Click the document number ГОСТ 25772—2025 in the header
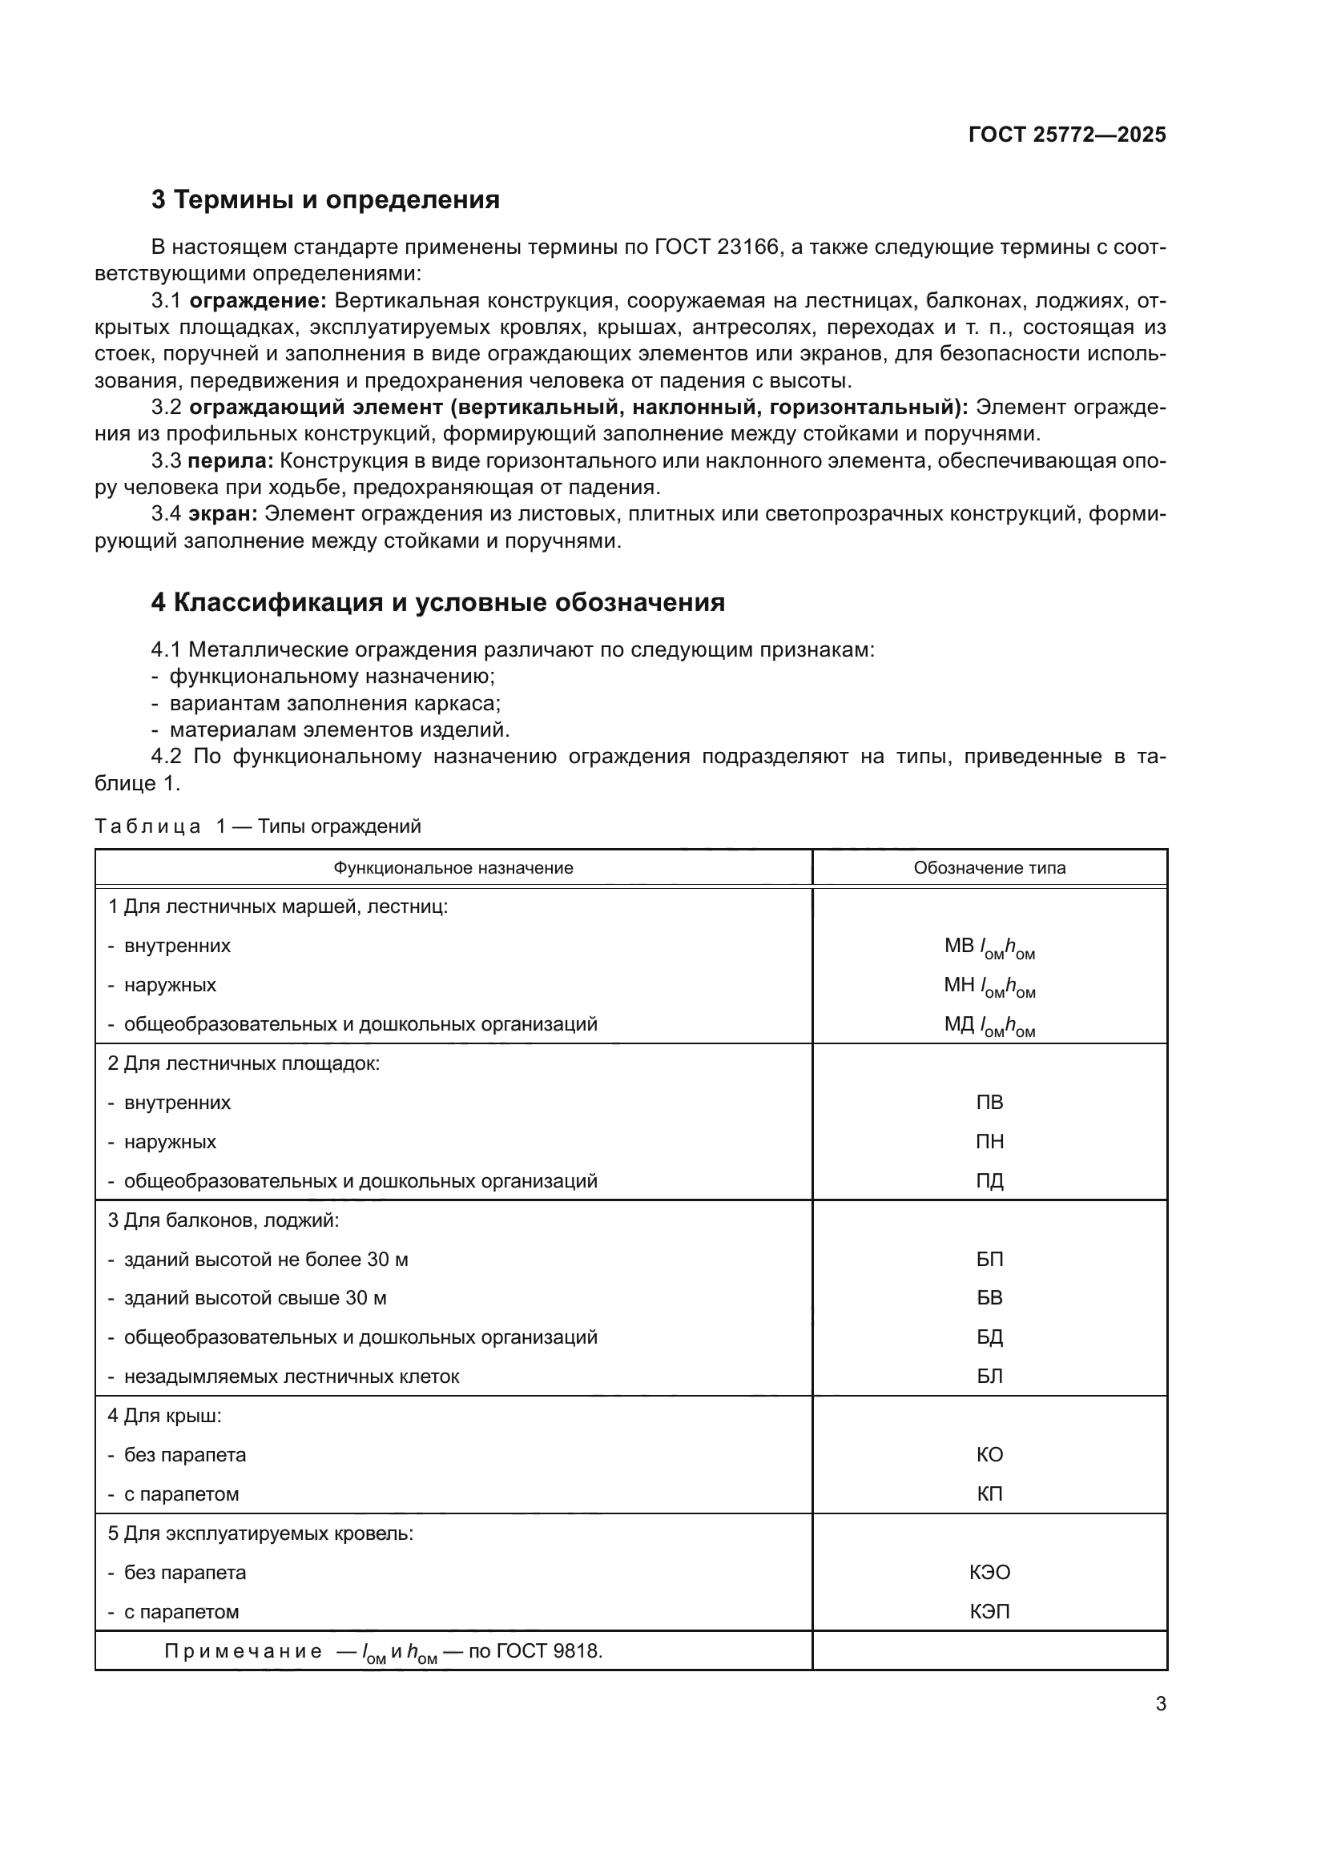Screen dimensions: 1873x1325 click(x=1066, y=135)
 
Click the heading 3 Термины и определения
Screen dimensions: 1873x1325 click(x=324, y=200)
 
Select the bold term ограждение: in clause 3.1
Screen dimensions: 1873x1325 click(x=258, y=301)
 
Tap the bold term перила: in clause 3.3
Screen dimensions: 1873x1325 click(x=231, y=461)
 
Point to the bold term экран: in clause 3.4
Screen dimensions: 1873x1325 click(x=223, y=514)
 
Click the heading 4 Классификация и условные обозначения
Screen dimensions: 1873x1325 click(x=437, y=602)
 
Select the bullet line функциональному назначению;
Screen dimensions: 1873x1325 click(x=332, y=677)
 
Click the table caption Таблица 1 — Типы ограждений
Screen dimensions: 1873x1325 click(x=258, y=826)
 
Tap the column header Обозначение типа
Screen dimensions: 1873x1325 click(x=989, y=868)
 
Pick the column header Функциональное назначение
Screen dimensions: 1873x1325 click(x=453, y=868)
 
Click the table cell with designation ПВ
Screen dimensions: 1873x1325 click(x=989, y=1103)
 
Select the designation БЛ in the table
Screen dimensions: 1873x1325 click(x=989, y=1377)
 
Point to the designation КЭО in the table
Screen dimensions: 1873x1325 click(x=989, y=1573)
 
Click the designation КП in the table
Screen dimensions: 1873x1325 click(x=989, y=1494)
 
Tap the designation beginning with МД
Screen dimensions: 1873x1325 click(x=989, y=1026)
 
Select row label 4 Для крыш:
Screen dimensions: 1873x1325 click(x=165, y=1415)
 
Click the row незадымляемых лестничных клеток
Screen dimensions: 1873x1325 click(x=292, y=1377)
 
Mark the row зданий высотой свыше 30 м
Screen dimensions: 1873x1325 click(x=255, y=1298)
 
